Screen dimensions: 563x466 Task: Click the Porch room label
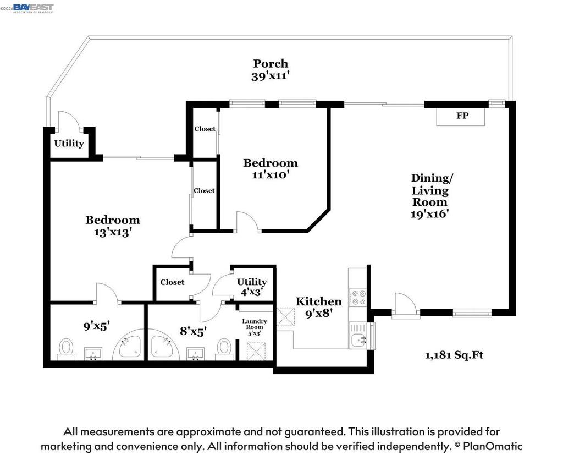pos(271,64)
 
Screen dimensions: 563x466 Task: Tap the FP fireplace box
pos(461,116)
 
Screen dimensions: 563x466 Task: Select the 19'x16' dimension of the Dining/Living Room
pos(430,214)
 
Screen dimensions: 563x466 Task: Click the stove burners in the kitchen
pos(357,298)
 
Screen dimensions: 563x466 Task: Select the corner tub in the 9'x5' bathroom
pos(128,346)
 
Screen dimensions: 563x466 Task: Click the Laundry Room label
pos(254,324)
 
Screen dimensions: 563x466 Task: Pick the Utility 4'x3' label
pos(252,287)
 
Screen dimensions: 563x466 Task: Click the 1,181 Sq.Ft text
pos(454,355)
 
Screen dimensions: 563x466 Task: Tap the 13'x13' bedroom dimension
pos(112,233)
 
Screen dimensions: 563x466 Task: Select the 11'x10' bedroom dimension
pos(271,175)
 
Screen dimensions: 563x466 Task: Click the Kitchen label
pos(318,301)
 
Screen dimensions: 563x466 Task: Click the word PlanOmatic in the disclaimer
pos(492,446)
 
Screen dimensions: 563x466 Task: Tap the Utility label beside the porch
pos(69,144)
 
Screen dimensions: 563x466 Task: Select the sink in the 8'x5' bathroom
pos(196,354)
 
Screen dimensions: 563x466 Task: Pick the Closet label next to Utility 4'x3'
pos(172,282)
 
